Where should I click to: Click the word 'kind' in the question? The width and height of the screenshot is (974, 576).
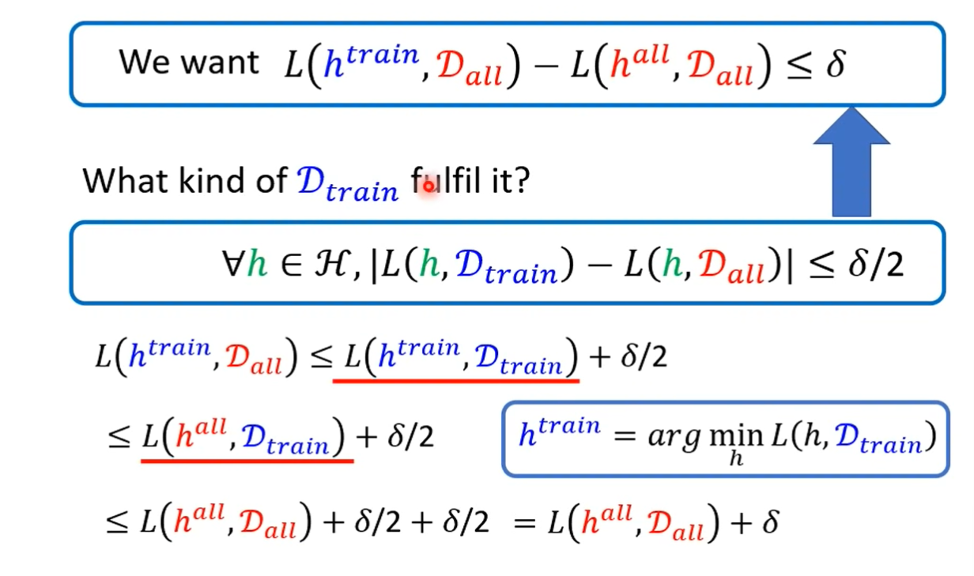pyautogui.click(x=206, y=181)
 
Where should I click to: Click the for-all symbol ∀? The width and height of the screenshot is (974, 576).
pyautogui.click(x=233, y=265)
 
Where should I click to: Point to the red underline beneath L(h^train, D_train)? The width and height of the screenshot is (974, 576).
pyautogui.click(x=455, y=381)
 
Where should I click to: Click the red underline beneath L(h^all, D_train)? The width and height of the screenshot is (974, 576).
pyautogui.click(x=247, y=460)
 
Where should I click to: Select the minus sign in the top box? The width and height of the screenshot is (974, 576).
pyautogui.click(x=544, y=66)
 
